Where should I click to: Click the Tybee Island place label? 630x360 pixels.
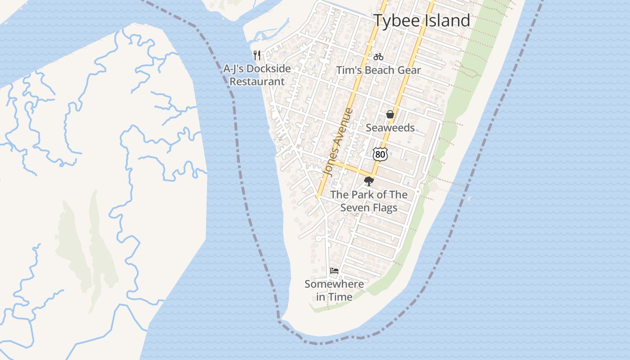[x=422, y=21]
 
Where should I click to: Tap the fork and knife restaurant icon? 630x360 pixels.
[x=257, y=55]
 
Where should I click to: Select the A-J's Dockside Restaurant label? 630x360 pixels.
[x=257, y=75]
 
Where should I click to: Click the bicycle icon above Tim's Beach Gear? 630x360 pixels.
[x=378, y=57]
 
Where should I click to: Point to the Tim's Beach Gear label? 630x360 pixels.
[x=378, y=70]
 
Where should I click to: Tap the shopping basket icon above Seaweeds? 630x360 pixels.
[x=390, y=114]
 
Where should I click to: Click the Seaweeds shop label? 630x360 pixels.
[x=390, y=128]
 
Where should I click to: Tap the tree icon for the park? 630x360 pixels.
[x=369, y=181]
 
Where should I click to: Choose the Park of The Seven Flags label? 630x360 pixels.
[x=369, y=201]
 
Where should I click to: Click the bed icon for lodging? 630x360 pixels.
[x=334, y=270]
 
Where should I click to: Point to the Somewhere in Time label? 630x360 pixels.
[x=334, y=290]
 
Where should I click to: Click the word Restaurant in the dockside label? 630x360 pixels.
[x=257, y=82]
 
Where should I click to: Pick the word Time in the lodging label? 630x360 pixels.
[x=340, y=297]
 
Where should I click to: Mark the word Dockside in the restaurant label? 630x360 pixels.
[x=269, y=69]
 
